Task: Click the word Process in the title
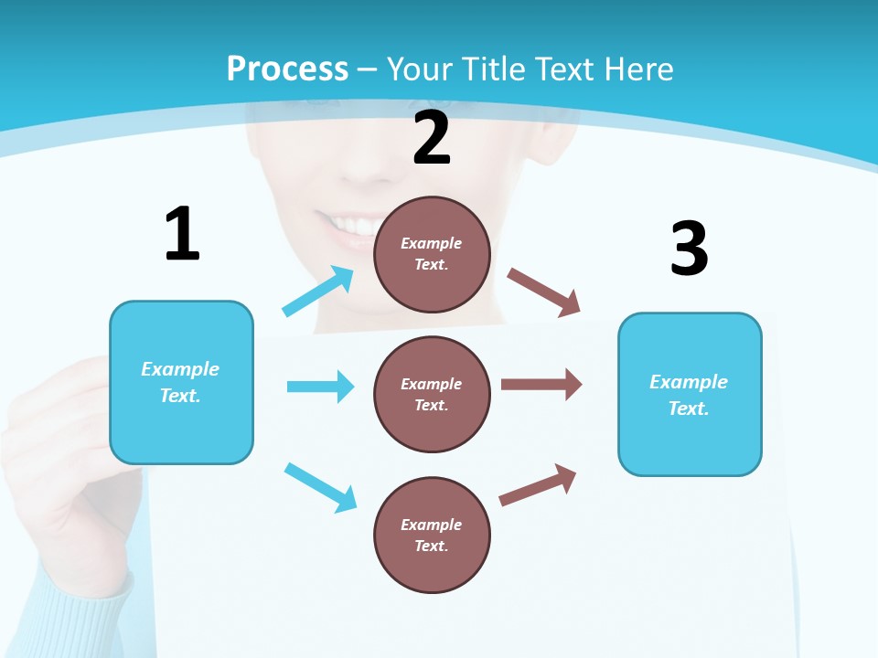pos(287,69)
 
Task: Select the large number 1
pos(182,235)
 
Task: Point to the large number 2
pos(432,138)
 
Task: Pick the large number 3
pos(689,249)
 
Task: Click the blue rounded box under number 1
pos(181,382)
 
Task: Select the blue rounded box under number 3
pos(690,394)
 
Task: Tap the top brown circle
pos(432,254)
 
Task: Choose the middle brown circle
pos(432,394)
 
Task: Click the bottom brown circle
pos(432,535)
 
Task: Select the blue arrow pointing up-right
pos(317,292)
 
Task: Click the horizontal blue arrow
pos(320,387)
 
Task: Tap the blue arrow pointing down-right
pos(320,486)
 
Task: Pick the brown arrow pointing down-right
pos(544,292)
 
